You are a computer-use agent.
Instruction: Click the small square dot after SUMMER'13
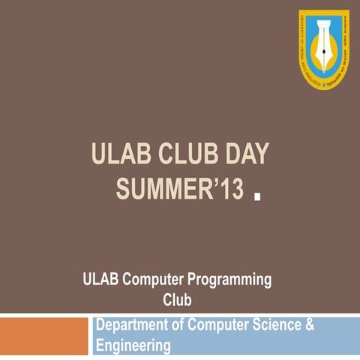(x=257, y=198)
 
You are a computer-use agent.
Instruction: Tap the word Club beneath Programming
(x=178, y=300)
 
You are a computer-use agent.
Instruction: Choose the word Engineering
(x=133, y=346)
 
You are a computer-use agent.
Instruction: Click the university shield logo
(x=324, y=49)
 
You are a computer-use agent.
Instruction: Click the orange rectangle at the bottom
(x=44, y=335)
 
